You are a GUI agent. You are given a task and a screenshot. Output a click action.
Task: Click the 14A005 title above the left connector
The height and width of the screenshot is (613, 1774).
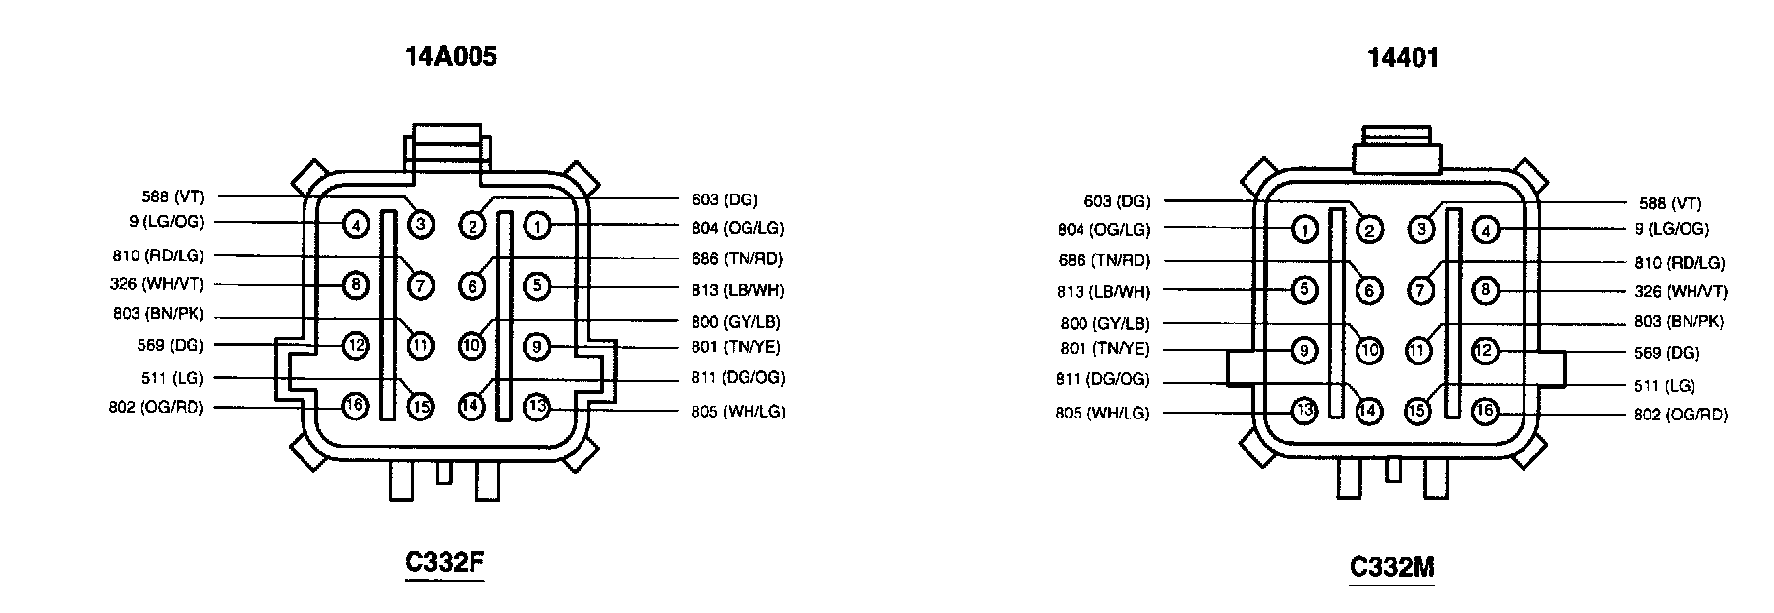[451, 57]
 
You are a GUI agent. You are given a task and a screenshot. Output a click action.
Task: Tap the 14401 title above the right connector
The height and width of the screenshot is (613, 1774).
[1403, 59]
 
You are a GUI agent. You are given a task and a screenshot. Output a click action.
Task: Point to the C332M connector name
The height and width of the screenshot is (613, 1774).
[1392, 568]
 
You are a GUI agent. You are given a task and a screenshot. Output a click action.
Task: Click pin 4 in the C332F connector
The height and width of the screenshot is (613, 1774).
[355, 225]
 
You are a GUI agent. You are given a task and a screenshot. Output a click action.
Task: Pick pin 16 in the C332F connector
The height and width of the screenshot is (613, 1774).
[355, 404]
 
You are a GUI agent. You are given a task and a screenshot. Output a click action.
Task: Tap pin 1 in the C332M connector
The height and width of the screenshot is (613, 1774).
[1303, 230]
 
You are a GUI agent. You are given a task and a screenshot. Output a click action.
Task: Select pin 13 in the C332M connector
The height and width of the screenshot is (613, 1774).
[1303, 412]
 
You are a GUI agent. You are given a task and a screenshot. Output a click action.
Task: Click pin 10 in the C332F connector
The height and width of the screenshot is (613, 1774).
[471, 346]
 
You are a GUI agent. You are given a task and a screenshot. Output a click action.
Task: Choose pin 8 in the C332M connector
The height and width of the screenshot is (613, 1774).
[1485, 290]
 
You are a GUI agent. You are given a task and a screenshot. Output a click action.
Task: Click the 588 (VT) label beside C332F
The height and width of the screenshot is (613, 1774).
[173, 196]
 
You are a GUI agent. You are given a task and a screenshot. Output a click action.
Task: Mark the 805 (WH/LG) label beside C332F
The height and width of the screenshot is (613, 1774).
[738, 412]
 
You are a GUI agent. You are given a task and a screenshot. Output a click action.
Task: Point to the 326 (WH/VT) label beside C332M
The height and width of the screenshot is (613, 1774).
[1681, 292]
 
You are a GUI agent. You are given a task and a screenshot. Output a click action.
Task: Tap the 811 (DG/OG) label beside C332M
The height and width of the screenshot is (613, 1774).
[1102, 380]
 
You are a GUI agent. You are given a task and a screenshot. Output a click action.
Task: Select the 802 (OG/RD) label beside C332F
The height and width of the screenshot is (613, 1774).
[156, 407]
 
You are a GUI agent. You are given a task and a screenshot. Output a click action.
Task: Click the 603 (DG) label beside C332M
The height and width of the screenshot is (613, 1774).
[1117, 201]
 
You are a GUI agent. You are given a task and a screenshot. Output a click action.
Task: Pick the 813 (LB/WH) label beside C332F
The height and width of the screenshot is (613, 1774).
[738, 290]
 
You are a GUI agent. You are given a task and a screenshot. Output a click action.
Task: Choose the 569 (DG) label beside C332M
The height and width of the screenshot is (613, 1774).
[1667, 353]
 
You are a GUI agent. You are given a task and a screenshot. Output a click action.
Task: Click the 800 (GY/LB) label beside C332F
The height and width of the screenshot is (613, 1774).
[736, 321]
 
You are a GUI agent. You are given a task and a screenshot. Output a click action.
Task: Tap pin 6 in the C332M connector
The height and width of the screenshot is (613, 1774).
[1368, 291]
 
